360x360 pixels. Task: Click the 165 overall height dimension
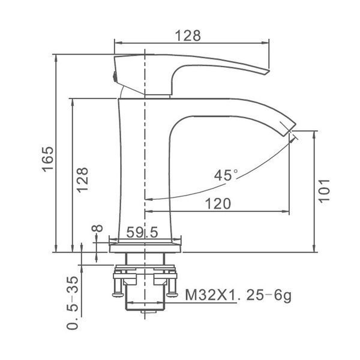pos(48,159)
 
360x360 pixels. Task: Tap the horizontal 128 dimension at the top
pos(188,36)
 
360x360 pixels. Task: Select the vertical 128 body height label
pos(82,180)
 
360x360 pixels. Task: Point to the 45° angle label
pos(226,175)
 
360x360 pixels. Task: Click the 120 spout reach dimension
pos(218,203)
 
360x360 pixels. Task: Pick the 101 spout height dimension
pos(324,191)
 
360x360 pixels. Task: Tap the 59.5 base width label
pos(142,232)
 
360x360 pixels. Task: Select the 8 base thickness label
pos(97,228)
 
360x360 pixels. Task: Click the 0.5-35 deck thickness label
pos(73,303)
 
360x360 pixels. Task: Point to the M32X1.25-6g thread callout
pos(238,295)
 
